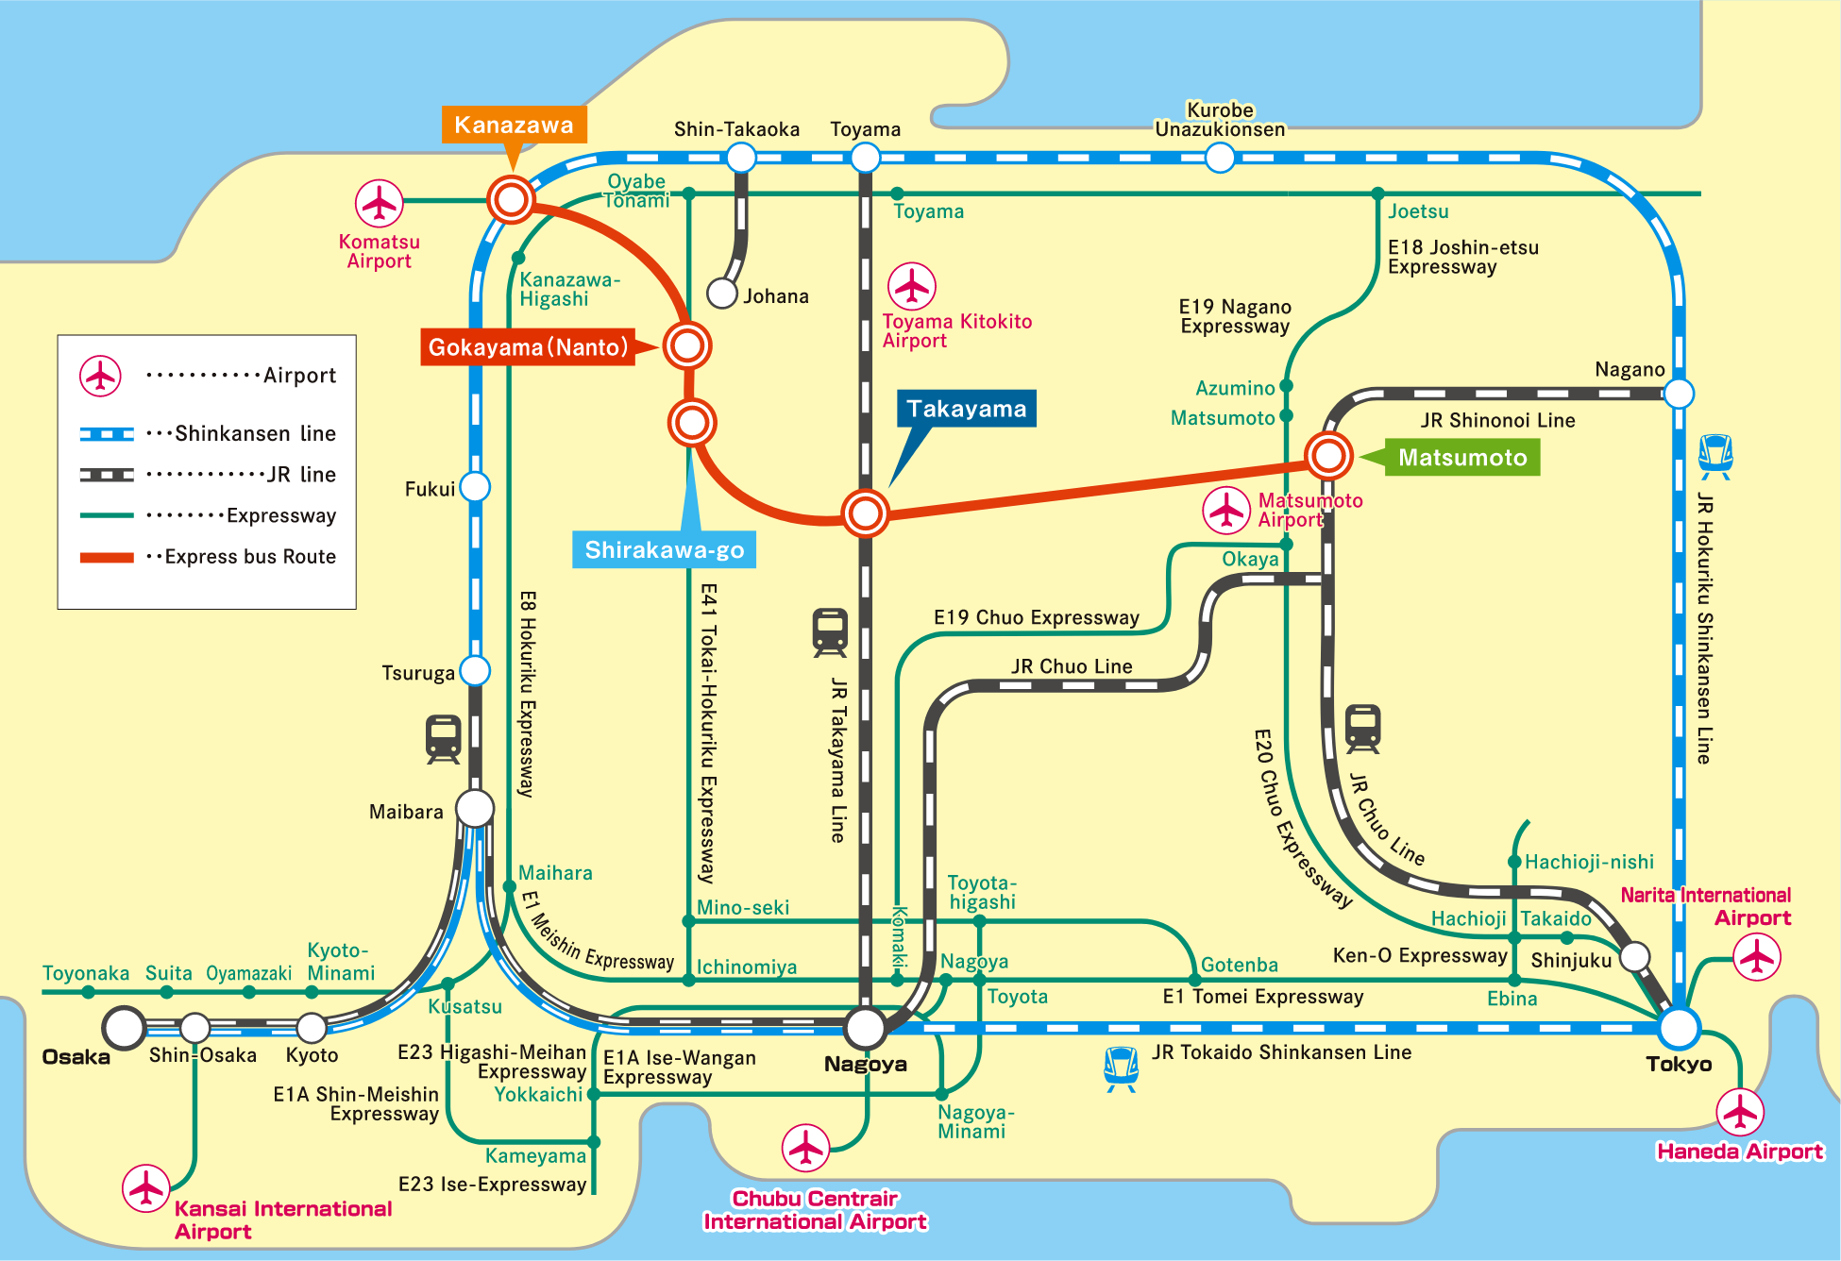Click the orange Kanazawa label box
pos(514,125)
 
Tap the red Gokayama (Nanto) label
pos(528,347)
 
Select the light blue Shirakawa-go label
pos(664,549)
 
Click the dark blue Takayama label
pos(966,409)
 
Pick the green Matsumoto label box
pos(1462,458)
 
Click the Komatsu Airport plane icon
pos(380,203)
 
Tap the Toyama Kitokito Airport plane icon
pos(912,286)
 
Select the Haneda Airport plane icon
pos(1739,1112)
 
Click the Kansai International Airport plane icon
pos(146,1187)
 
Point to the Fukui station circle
pos(474,487)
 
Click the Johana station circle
pos(722,294)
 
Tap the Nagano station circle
pos(1679,393)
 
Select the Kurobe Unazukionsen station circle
pos(1220,158)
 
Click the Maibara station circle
pos(475,808)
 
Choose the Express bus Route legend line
pos(107,557)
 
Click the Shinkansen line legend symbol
pos(107,434)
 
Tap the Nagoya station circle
pos(865,1027)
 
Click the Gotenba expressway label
pos(1239,965)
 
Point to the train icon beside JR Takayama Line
pos(830,632)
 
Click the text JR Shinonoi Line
pos(1497,420)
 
